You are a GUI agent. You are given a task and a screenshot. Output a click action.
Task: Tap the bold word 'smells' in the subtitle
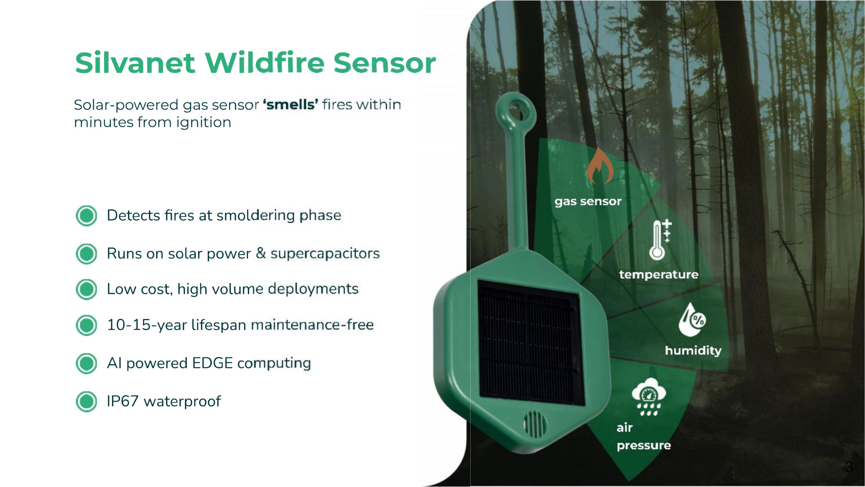(290, 104)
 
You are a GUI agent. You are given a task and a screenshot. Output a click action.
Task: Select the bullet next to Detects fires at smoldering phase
(86, 215)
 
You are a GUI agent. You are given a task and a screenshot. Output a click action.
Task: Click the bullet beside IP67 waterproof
(86, 402)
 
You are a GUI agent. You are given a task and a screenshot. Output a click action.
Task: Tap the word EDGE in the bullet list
(213, 363)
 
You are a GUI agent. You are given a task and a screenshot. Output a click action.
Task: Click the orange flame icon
(600, 165)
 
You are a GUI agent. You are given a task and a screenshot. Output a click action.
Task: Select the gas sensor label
(588, 202)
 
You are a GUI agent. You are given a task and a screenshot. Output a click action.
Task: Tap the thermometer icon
(660, 239)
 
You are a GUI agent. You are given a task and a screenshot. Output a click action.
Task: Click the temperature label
(659, 275)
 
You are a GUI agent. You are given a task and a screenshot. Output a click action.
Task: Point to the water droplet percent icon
(692, 319)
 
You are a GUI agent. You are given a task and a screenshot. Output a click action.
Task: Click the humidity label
(693, 350)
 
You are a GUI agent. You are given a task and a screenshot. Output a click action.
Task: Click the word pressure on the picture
(644, 446)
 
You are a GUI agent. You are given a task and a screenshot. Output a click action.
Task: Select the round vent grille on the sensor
(535, 424)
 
